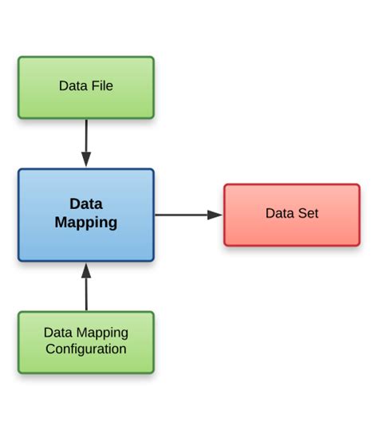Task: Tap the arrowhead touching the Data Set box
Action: coord(215,215)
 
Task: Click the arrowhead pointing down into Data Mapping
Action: coord(86,160)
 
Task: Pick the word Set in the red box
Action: coord(307,214)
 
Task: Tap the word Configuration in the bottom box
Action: coord(86,349)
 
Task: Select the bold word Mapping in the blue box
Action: coord(86,223)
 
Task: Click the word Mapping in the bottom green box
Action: coord(104,333)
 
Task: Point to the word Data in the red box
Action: coord(279,214)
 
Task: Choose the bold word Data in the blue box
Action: coord(86,203)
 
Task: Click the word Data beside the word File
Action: coord(73,85)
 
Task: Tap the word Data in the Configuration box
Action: coord(58,333)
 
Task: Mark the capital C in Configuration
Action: coord(50,349)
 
